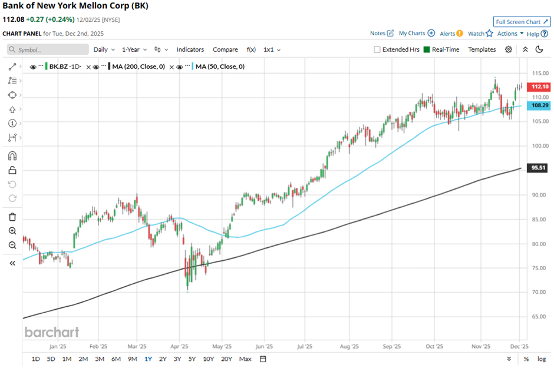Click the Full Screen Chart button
click(522, 22)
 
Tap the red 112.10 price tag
click(540, 87)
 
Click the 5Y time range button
click(192, 359)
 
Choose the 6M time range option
click(116, 359)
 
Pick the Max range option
click(245, 359)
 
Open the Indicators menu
click(190, 49)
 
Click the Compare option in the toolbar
click(225, 49)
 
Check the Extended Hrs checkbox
click(377, 49)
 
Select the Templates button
click(482, 49)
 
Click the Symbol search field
click(48, 50)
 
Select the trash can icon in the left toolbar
click(12, 217)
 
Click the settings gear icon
click(509, 49)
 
